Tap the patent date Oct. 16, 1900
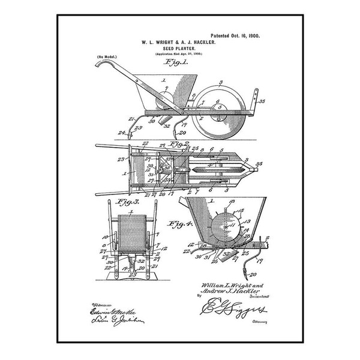tap(239, 36)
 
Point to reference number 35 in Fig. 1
tap(262, 102)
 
